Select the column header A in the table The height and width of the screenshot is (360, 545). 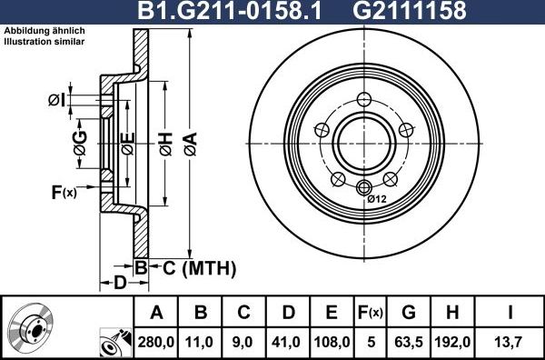coord(155,313)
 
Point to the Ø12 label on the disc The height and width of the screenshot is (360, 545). coord(377,199)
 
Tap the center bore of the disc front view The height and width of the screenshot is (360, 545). coord(365,143)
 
